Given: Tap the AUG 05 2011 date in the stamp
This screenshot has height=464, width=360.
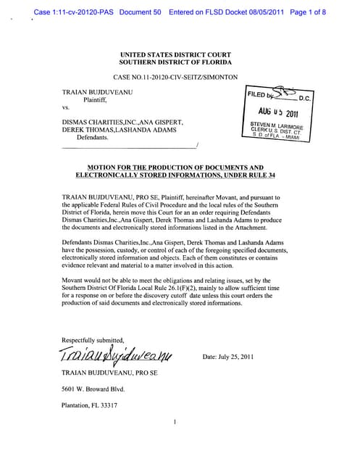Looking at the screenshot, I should [x=278, y=113].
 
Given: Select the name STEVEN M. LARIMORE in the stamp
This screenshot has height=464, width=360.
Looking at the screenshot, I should [x=277, y=125].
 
